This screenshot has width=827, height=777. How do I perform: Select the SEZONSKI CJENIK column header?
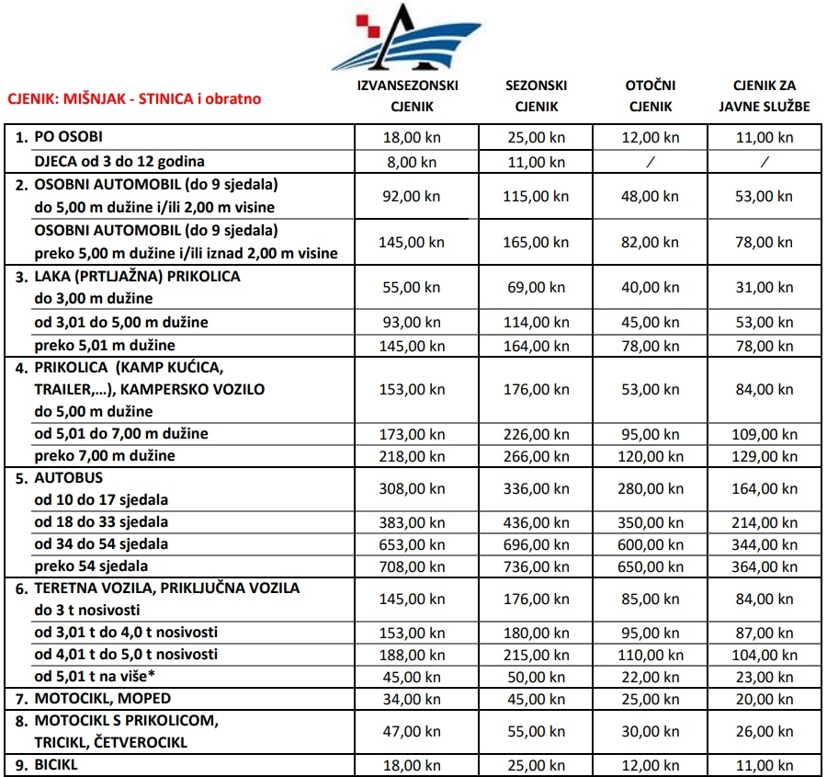tap(536, 96)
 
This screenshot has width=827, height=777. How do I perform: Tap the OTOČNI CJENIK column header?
tap(651, 96)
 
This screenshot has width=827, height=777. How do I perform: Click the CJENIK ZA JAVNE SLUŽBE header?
tap(765, 96)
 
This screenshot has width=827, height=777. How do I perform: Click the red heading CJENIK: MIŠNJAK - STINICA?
tap(134, 97)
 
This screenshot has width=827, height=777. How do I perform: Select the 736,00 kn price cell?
tap(536, 566)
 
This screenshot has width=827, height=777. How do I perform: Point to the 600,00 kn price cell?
tap(651, 544)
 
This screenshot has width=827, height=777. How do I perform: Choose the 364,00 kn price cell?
tap(765, 566)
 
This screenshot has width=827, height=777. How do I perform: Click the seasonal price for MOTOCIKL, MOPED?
tap(536, 699)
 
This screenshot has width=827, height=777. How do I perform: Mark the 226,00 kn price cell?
tap(536, 434)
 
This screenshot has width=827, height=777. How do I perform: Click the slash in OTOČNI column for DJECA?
tap(651, 160)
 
